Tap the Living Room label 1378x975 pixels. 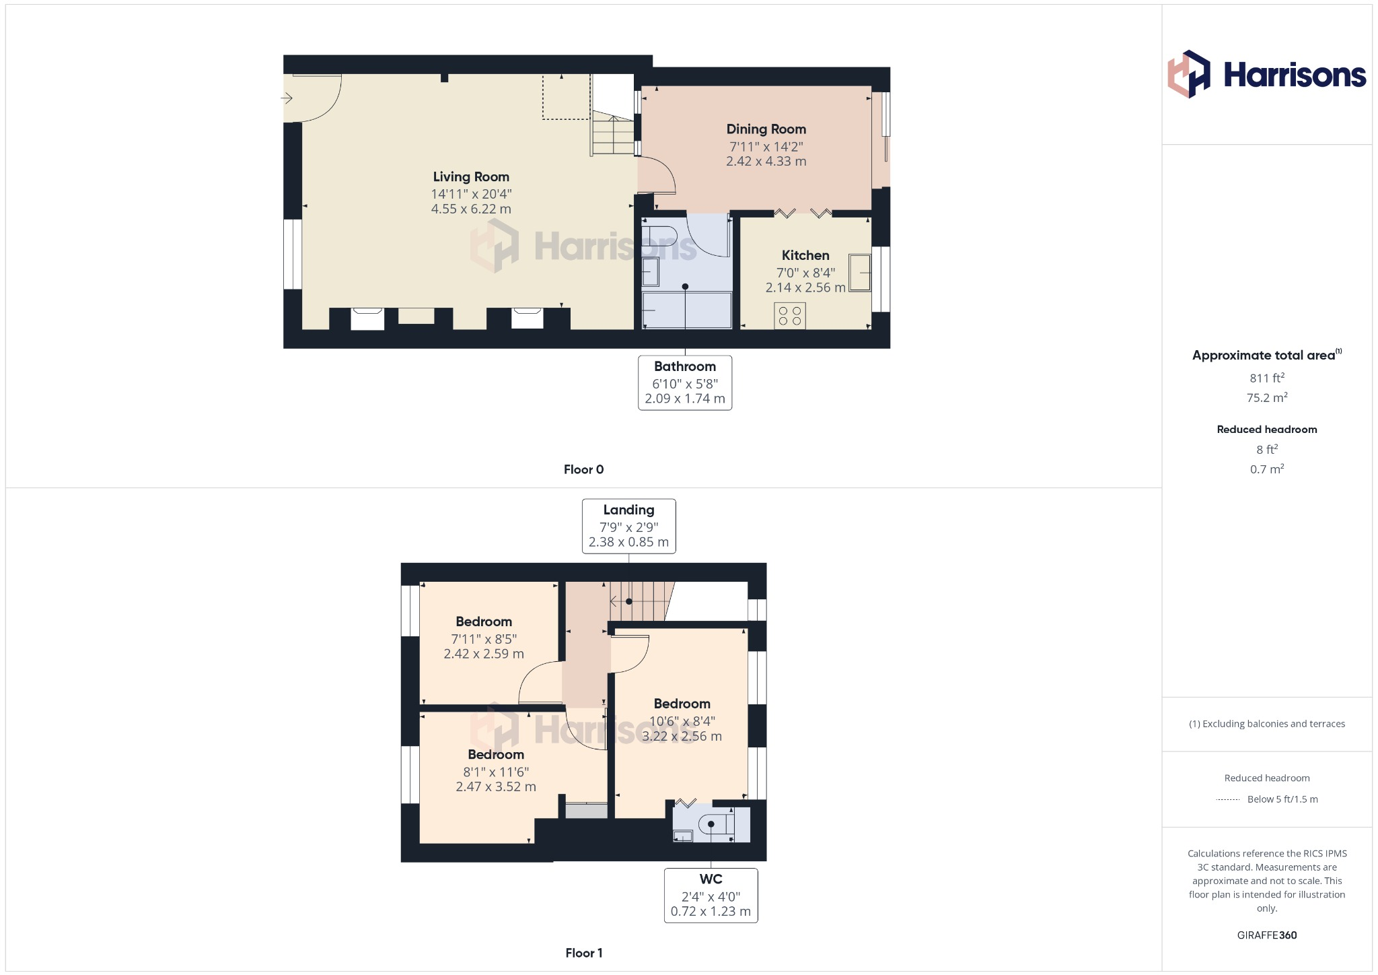[471, 177]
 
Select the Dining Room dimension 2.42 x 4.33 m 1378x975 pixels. [766, 162]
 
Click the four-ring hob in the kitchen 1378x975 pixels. [789, 316]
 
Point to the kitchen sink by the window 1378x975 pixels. [859, 273]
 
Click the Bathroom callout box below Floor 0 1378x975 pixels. [685, 382]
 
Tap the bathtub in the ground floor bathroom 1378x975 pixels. [686, 310]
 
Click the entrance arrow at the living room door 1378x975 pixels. [287, 99]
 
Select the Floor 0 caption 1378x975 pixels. [583, 469]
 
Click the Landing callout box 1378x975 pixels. [628, 526]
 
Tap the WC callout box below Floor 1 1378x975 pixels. [711, 895]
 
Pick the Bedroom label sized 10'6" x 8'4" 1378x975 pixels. [682, 704]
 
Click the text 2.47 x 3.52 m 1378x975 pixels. [496, 787]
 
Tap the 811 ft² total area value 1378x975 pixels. [1266, 378]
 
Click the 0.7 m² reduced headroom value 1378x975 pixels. [1266, 469]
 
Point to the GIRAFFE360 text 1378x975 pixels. [1266, 935]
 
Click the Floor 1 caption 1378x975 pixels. [583, 953]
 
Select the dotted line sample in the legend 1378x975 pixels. [1228, 800]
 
